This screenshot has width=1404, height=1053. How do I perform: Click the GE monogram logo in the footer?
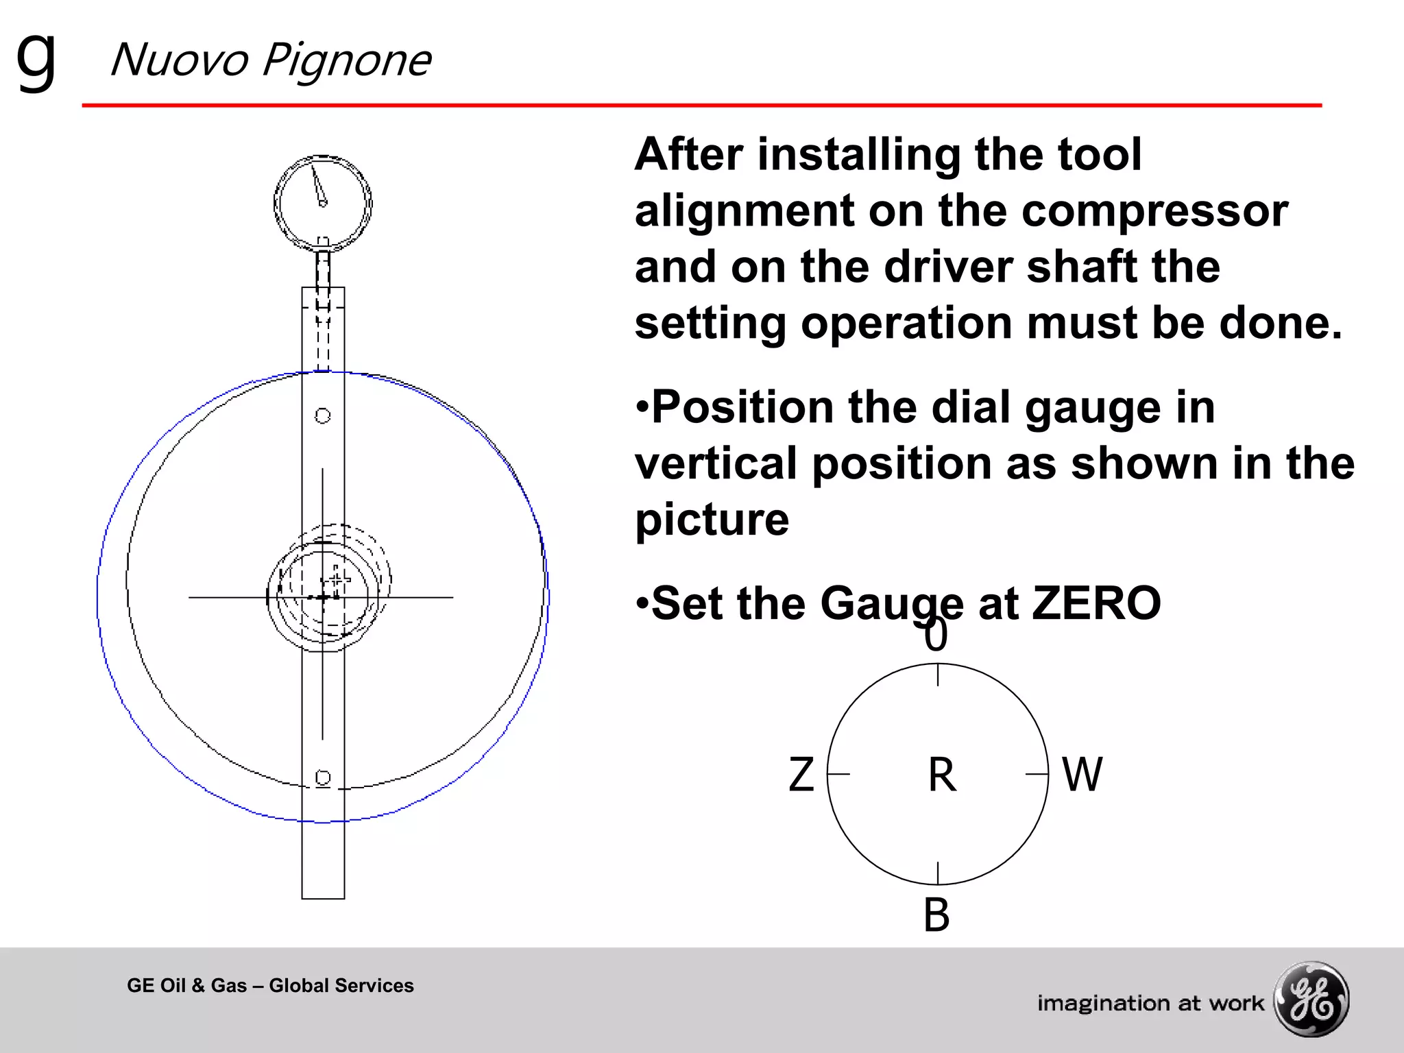coord(1311,999)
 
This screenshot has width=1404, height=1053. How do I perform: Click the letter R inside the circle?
coord(942,775)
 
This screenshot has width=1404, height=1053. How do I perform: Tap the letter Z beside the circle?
coord(801,775)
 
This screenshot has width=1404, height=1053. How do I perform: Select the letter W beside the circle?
coord(1082,775)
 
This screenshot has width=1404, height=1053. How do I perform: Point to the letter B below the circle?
coord(936,915)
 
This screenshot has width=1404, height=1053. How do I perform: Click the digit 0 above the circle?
coord(936,636)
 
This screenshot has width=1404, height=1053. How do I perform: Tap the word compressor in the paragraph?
coord(1154,210)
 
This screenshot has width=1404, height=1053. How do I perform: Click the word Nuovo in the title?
coord(179,60)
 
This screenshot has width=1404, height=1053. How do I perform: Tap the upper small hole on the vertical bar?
coord(322,415)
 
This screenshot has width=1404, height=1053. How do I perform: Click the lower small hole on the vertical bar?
coord(323,777)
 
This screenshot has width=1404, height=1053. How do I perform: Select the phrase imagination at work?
coord(1150,1003)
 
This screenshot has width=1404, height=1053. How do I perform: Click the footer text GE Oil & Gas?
coord(186,985)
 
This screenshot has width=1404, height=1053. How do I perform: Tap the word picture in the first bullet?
coord(712,520)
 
